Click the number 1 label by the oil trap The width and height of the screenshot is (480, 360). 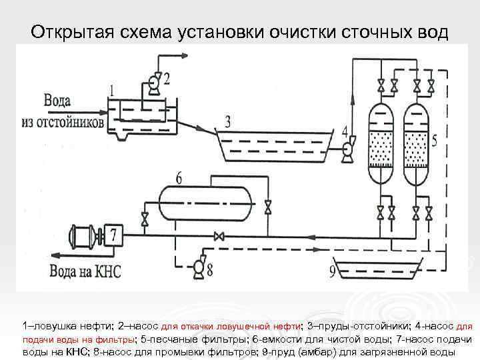pos(112,89)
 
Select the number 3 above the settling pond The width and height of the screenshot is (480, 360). pos(228,121)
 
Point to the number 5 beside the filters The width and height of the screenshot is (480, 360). pos(435,140)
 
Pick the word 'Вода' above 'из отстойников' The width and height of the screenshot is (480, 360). pos(58,101)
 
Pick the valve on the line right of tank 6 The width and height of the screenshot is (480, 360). pos(268,207)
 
